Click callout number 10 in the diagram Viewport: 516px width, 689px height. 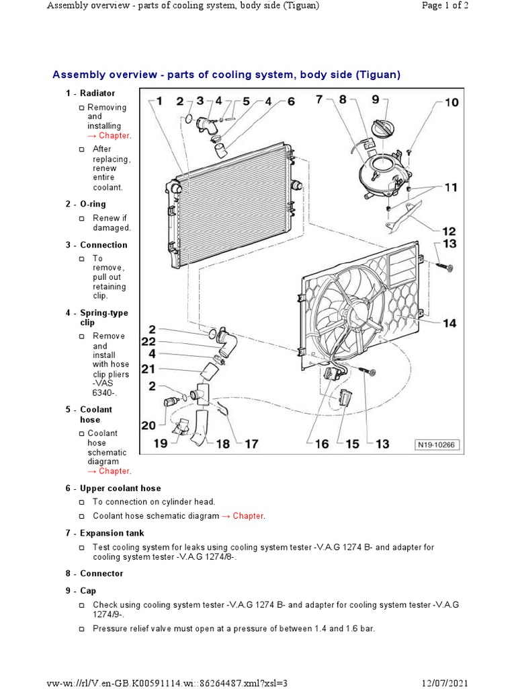451,103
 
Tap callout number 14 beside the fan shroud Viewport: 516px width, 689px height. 449,324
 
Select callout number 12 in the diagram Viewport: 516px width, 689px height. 449,231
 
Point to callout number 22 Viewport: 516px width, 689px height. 148,341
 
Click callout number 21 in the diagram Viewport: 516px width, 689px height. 148,368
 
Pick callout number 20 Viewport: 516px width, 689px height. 148,425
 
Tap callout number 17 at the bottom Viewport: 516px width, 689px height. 251,444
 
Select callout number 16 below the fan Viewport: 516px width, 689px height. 322,444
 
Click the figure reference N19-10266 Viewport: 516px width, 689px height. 435,445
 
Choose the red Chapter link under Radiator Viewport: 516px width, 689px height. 114,135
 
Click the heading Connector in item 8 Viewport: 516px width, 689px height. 101,573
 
